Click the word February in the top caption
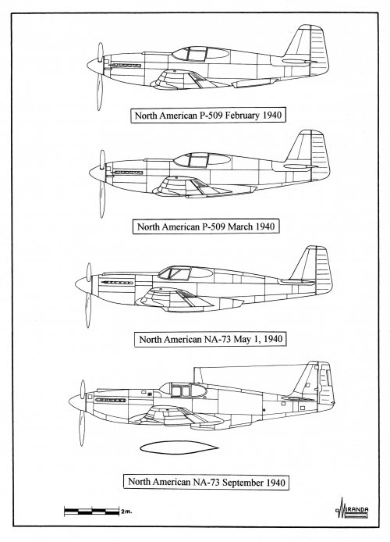coord(243,116)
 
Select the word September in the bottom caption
coord(241,482)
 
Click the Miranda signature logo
coord(352,509)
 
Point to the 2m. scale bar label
coord(126,512)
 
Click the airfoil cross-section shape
coord(179,448)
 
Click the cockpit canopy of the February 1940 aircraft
coord(200,54)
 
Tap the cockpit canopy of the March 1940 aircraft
coord(202,160)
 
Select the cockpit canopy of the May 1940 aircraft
coord(186,273)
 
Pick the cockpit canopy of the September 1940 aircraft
coord(183,390)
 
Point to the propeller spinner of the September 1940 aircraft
coord(76,401)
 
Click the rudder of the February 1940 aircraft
coord(319,50)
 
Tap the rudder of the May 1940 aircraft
coord(324,269)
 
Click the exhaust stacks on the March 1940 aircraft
coord(128,172)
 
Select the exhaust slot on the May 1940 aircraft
coord(117,283)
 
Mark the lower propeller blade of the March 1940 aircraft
coord(102,200)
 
